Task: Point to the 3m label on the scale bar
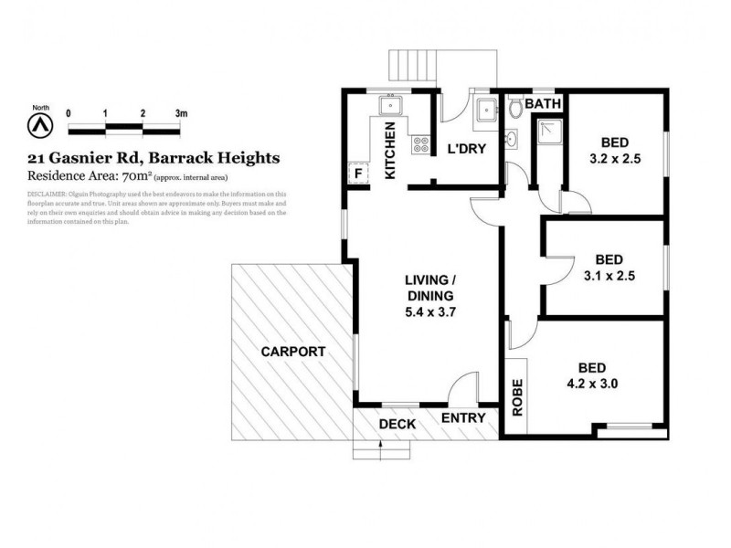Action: (181, 112)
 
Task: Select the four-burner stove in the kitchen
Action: (421, 143)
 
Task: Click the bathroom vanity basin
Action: (512, 139)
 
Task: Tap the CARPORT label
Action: (293, 352)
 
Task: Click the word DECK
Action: (397, 424)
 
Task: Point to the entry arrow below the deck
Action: (380, 446)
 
